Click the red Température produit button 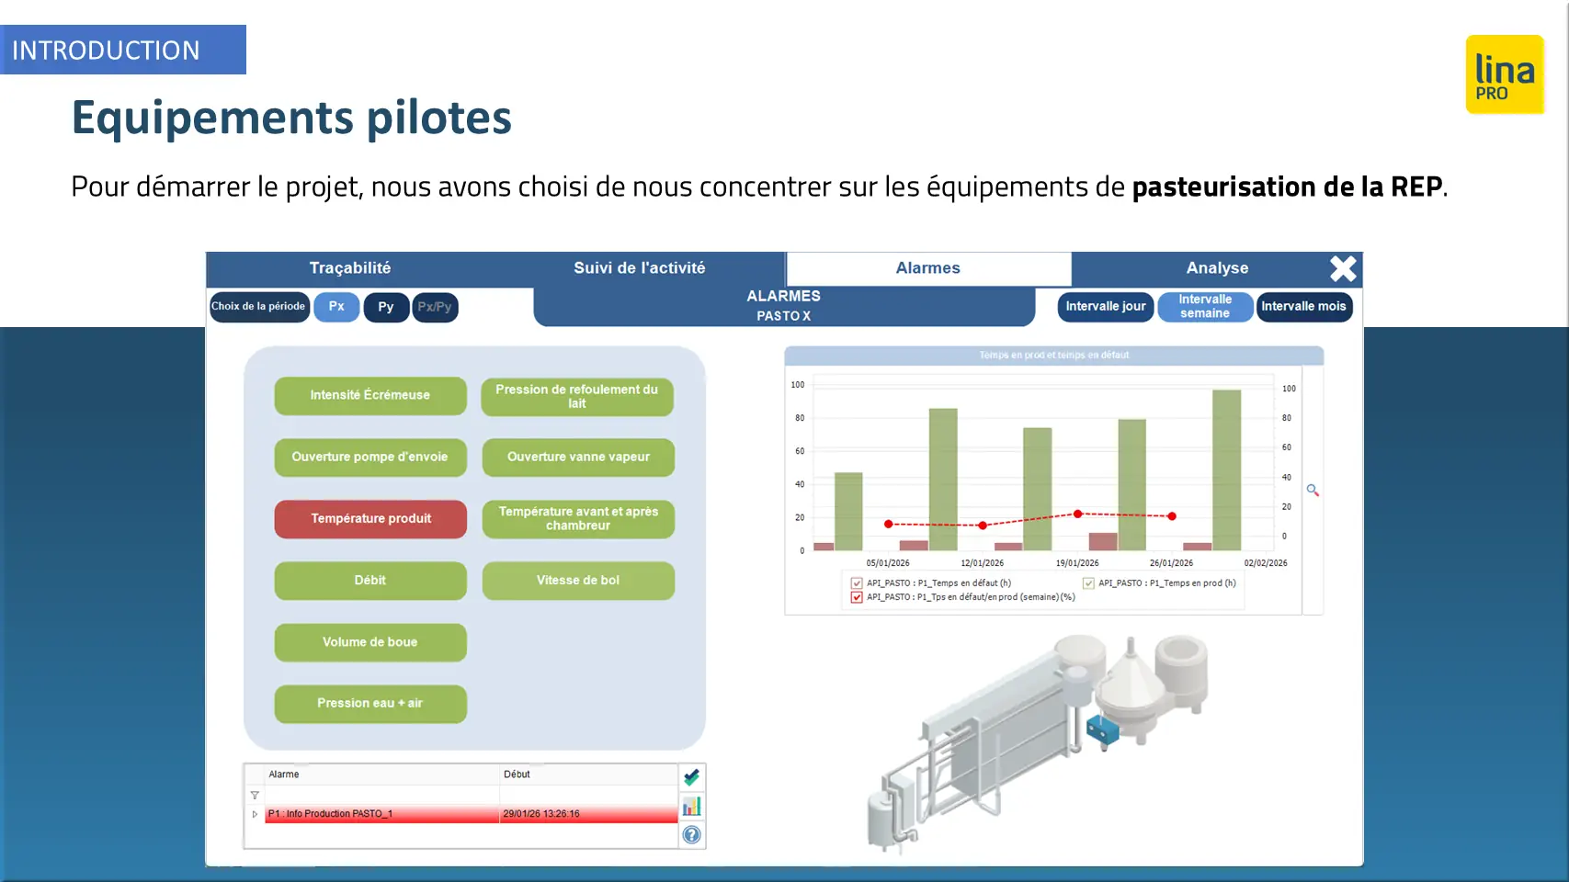pyautogui.click(x=370, y=519)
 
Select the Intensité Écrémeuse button pyautogui.click(x=370, y=395)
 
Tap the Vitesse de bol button pyautogui.click(x=578, y=581)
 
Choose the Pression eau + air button pyautogui.click(x=370, y=704)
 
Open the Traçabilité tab pyautogui.click(x=350, y=268)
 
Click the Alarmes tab pyautogui.click(x=928, y=268)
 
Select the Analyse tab pyautogui.click(x=1217, y=268)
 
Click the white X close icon pyautogui.click(x=1343, y=269)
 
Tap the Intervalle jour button pyautogui.click(x=1106, y=307)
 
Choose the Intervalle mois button pyautogui.click(x=1303, y=307)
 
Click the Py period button pyautogui.click(x=386, y=307)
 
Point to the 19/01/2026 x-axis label pyautogui.click(x=1076, y=563)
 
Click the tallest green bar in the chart pyautogui.click(x=1226, y=469)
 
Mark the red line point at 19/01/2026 pyautogui.click(x=1078, y=514)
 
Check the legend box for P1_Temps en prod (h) pyautogui.click(x=1088, y=583)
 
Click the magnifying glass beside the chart pyautogui.click(x=1313, y=490)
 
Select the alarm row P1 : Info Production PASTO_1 pyautogui.click(x=471, y=814)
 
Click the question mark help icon pyautogui.click(x=691, y=834)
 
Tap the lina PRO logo pyautogui.click(x=1505, y=74)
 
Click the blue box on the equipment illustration pyautogui.click(x=1102, y=730)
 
